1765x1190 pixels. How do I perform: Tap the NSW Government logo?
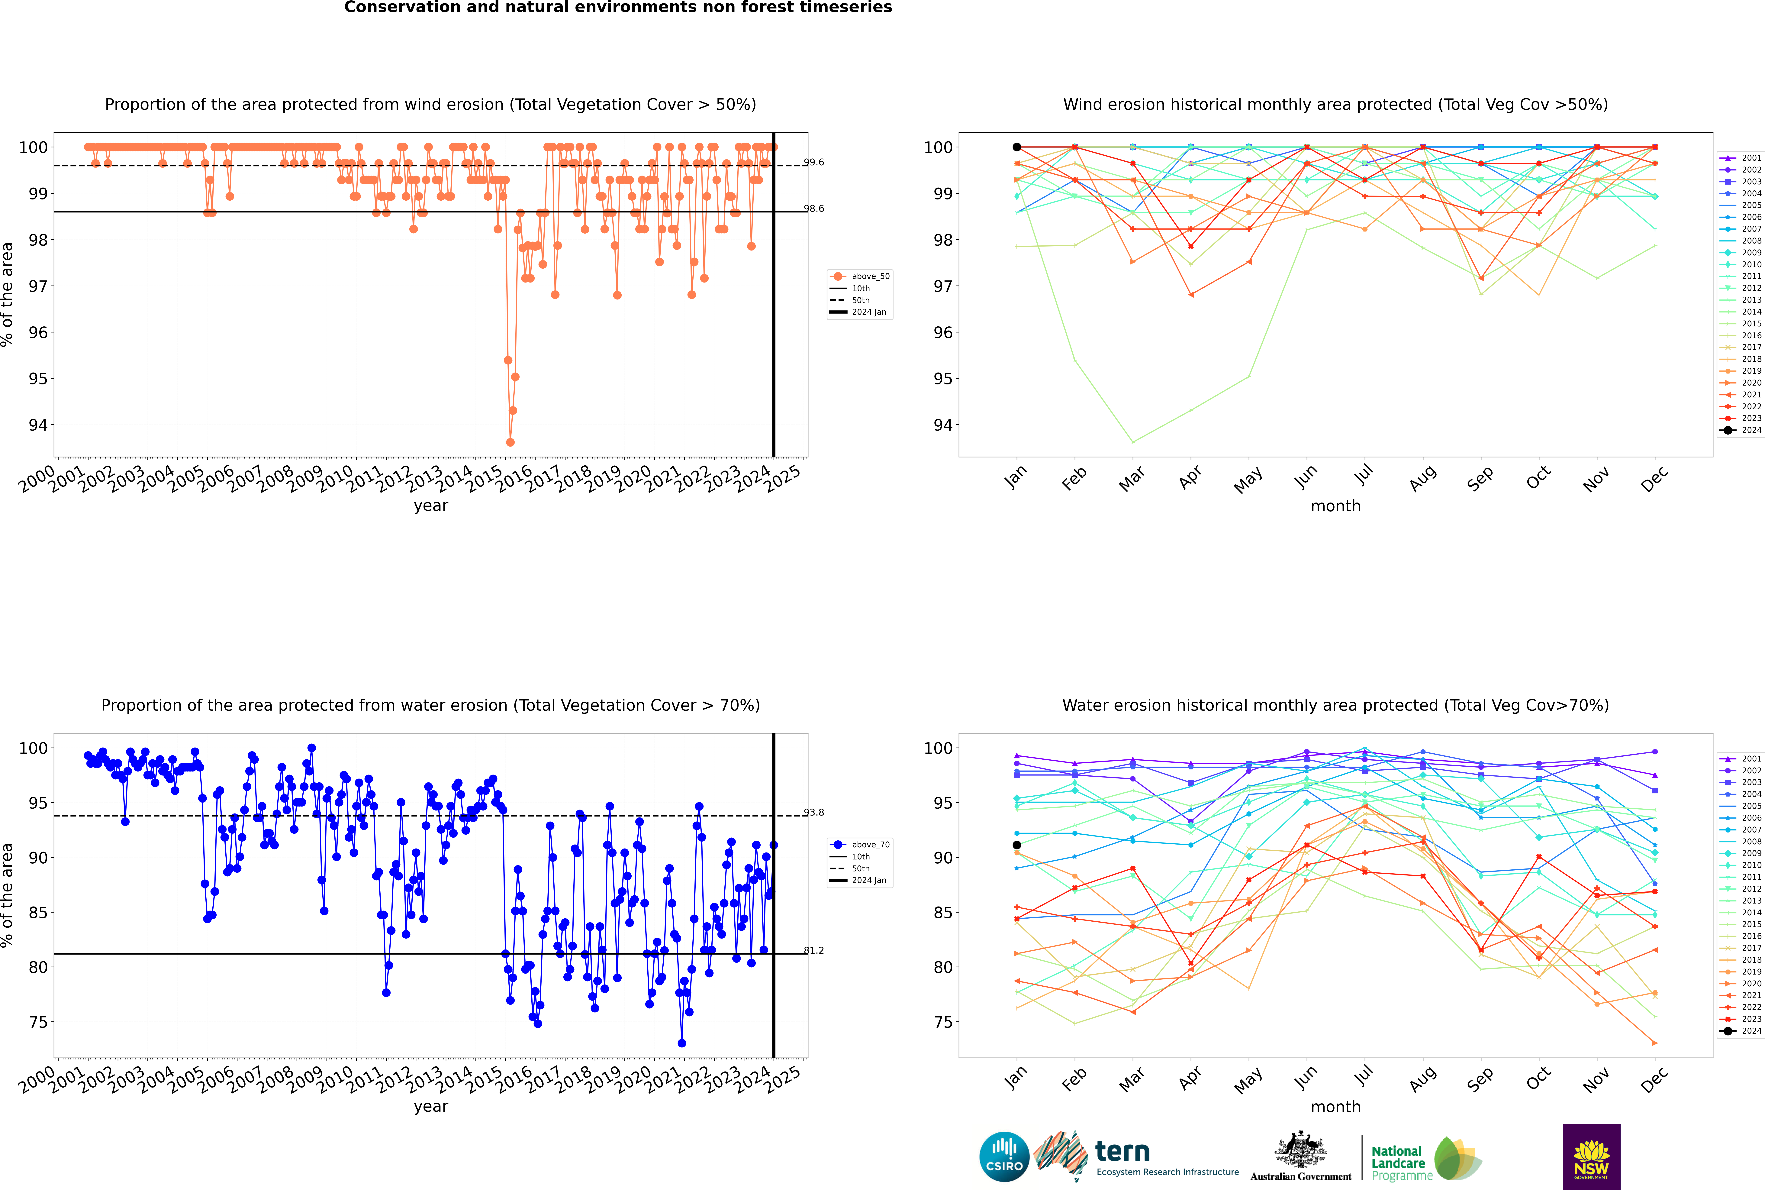pyautogui.click(x=1591, y=1157)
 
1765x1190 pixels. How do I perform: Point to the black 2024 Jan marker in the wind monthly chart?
pyautogui.click(x=1017, y=147)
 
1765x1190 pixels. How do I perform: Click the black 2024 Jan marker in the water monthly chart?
pyautogui.click(x=1017, y=845)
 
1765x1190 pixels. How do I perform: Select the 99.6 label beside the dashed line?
pyautogui.click(x=813, y=162)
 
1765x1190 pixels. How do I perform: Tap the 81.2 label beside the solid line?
pyautogui.click(x=813, y=950)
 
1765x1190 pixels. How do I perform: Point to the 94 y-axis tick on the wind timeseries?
pyautogui.click(x=38, y=425)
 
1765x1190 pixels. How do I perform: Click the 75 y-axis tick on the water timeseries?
pyautogui.click(x=38, y=1022)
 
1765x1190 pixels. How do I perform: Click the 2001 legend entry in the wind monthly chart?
pyautogui.click(x=1740, y=158)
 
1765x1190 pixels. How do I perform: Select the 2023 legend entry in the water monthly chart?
pyautogui.click(x=1740, y=1018)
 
